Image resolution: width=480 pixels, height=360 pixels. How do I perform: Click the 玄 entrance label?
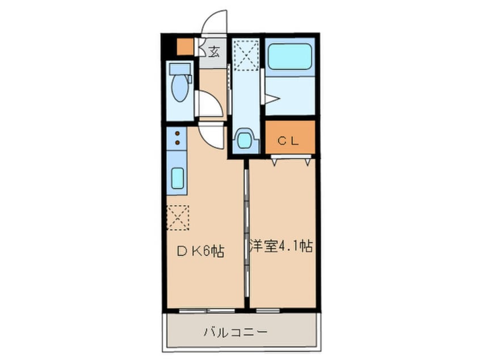[x=213, y=52]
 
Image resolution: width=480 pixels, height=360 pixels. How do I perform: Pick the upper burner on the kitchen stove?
[x=177, y=134]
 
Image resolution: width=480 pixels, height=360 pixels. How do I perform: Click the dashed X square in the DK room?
[x=177, y=216]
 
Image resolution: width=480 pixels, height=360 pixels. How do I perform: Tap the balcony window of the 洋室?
[x=268, y=311]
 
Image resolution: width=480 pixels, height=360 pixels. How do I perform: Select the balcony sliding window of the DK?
[x=207, y=311]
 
